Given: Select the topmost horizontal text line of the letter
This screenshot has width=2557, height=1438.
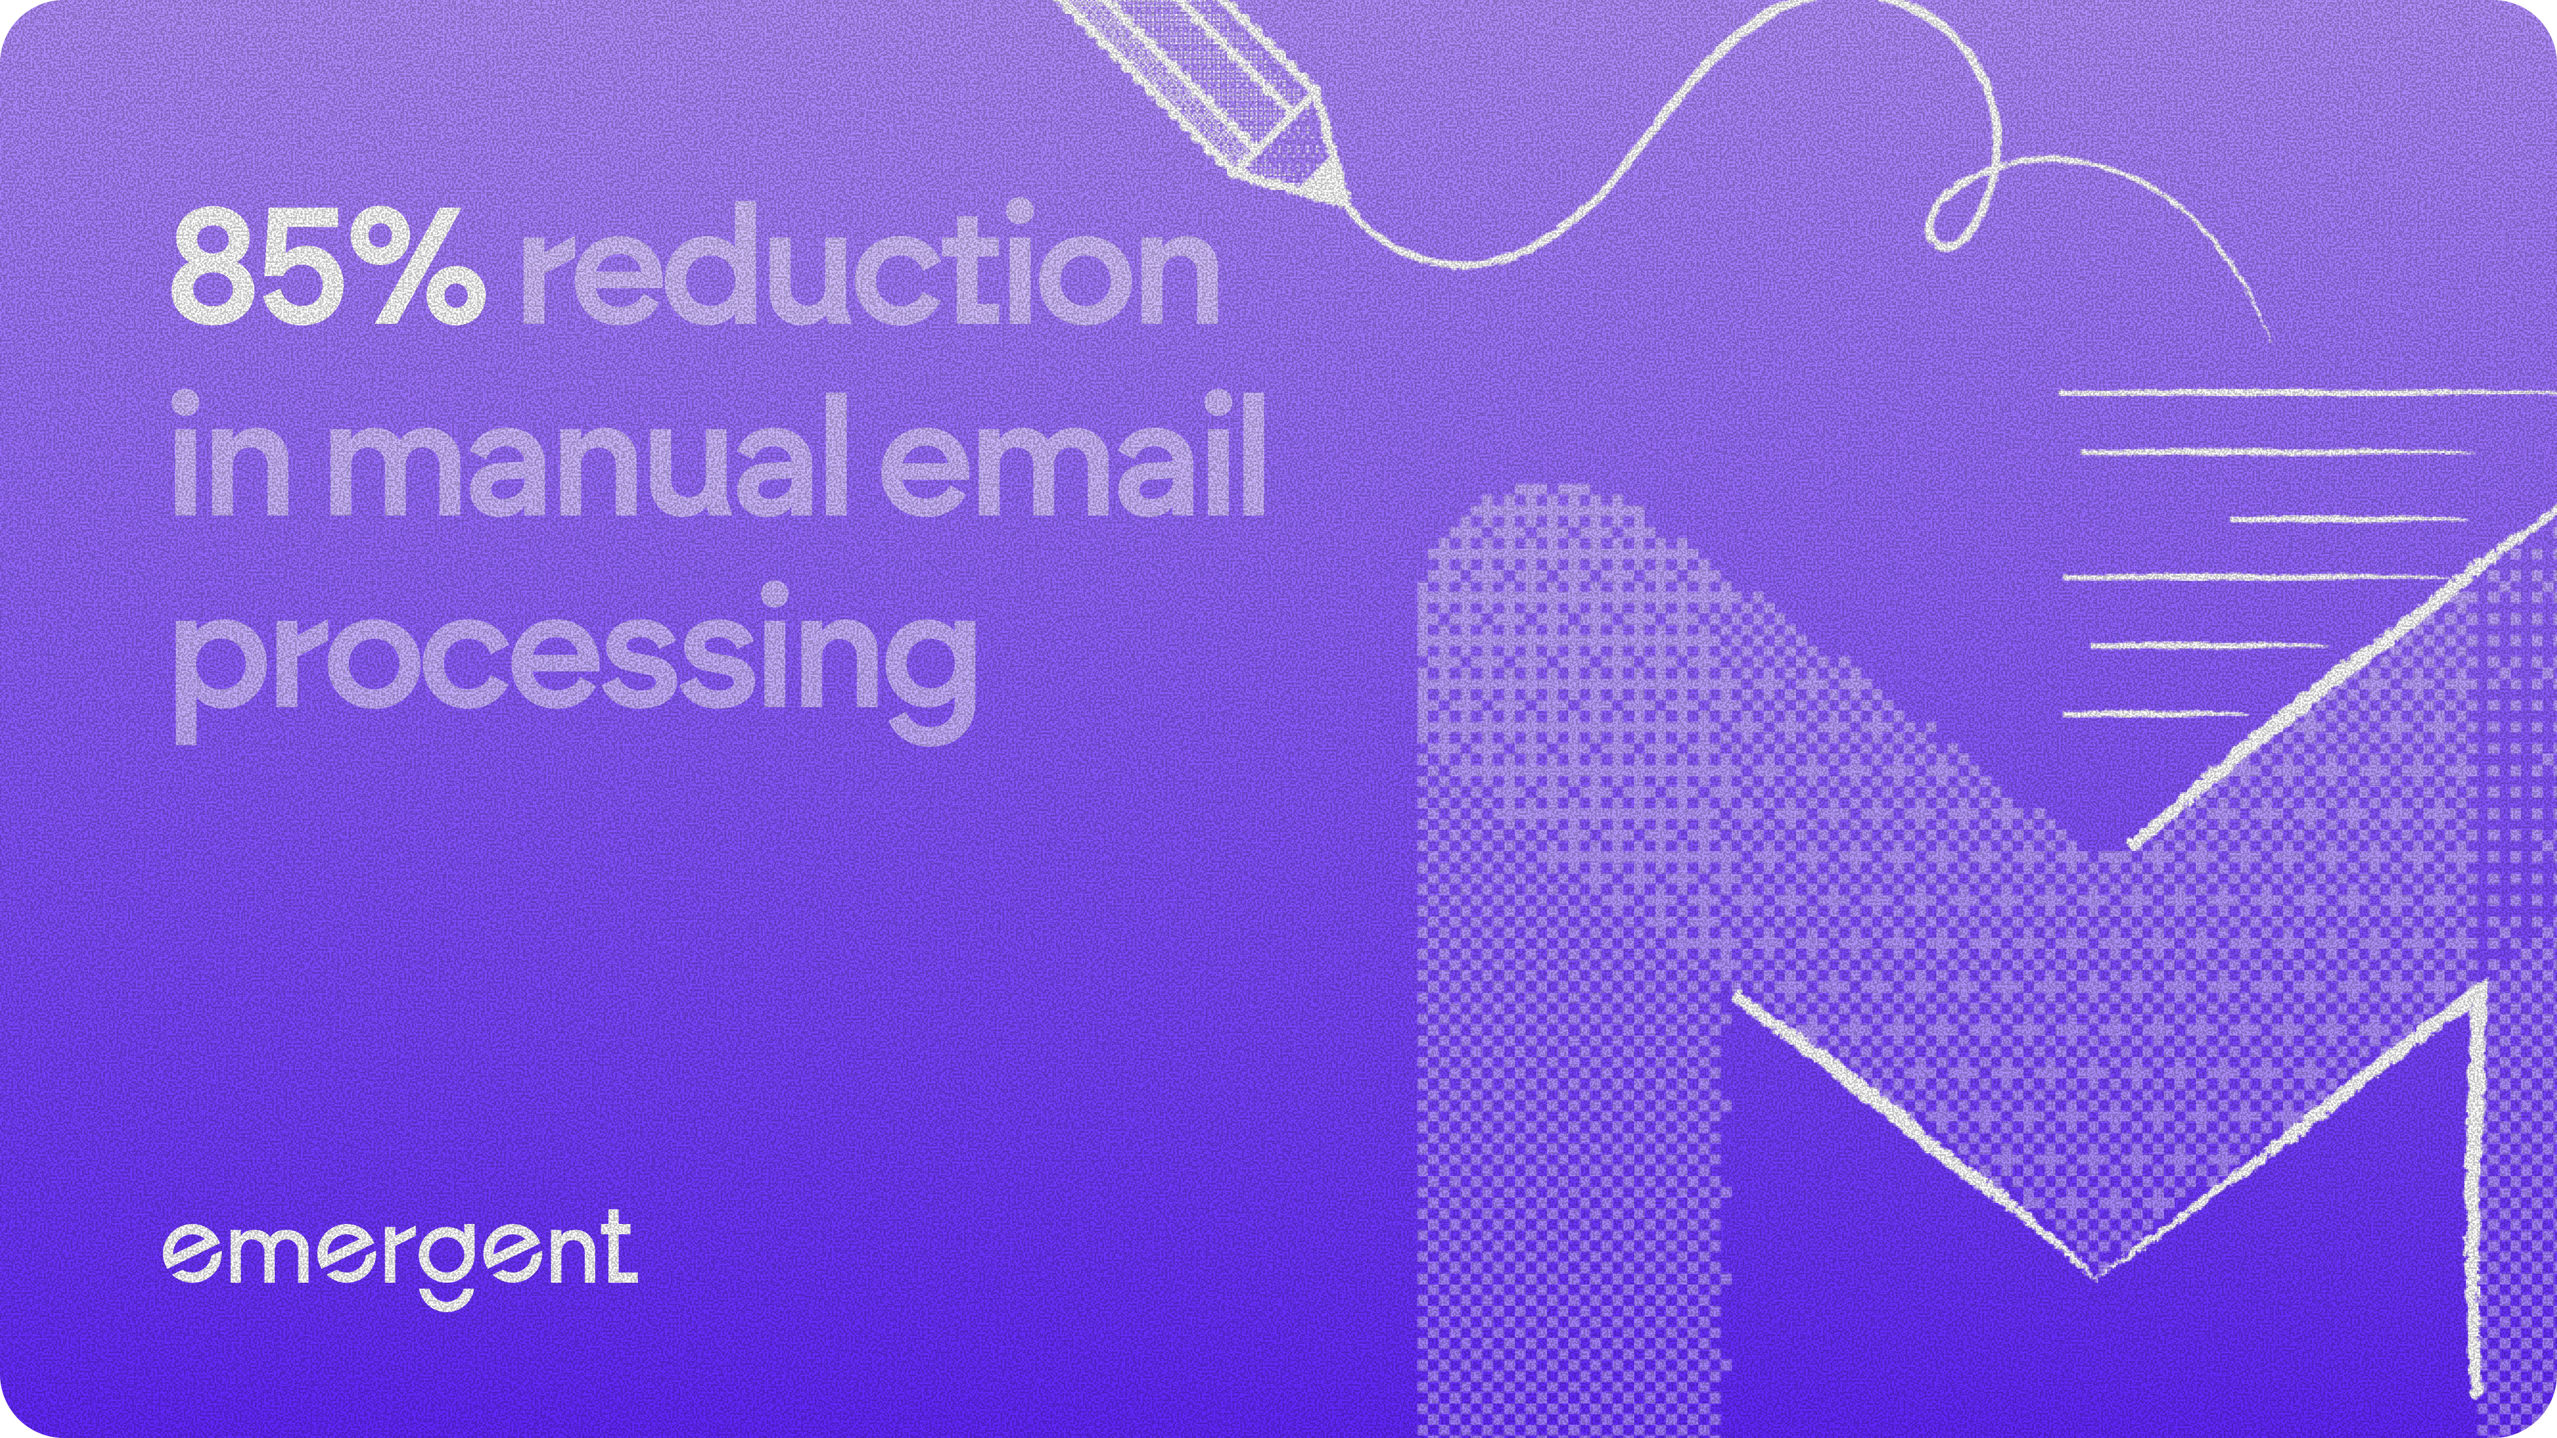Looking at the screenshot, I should tap(2303, 393).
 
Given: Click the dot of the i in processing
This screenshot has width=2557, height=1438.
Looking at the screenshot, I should tap(776, 592).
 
